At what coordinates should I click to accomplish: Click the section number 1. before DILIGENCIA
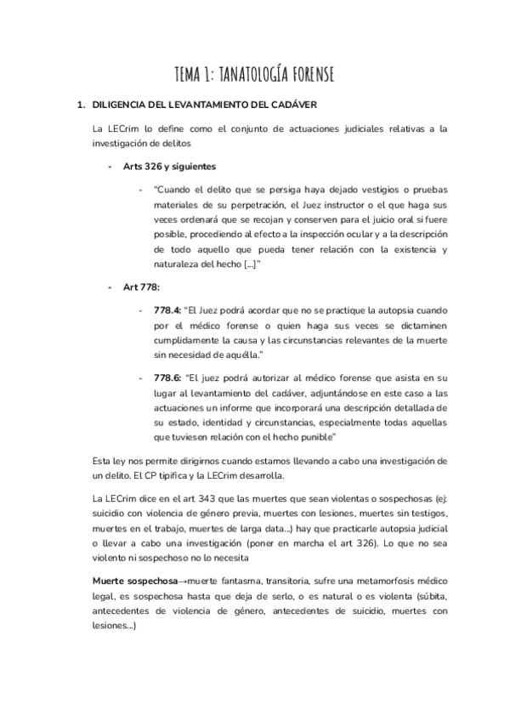(82, 106)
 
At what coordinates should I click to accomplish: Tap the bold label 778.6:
(168, 376)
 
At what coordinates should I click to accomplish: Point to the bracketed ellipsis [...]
(251, 264)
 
